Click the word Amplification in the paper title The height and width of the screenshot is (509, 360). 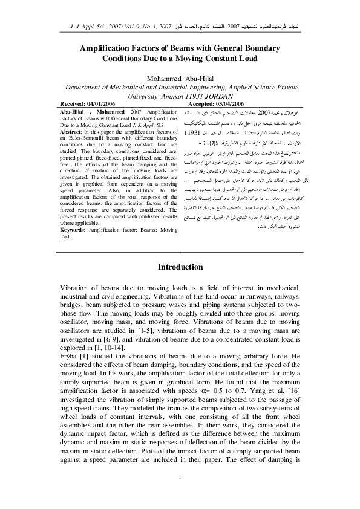(x=111, y=48)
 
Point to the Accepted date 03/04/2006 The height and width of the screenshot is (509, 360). (x=232, y=104)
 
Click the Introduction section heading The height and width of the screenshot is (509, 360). (x=180, y=267)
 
